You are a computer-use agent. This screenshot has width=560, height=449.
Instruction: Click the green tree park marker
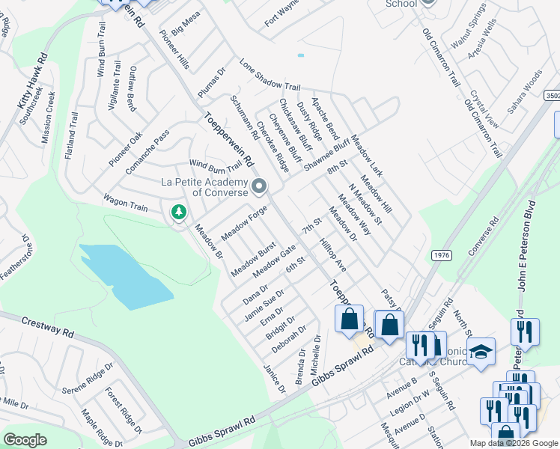[178, 213]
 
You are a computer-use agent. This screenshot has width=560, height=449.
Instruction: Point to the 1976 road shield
[441, 256]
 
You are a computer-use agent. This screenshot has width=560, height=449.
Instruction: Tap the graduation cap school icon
[481, 351]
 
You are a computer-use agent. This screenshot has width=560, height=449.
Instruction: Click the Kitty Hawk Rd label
[33, 80]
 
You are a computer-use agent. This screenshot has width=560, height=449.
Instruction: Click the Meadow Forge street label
[244, 222]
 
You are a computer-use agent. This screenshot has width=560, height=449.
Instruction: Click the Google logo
[25, 440]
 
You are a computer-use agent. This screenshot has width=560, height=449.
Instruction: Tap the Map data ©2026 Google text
[514, 443]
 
